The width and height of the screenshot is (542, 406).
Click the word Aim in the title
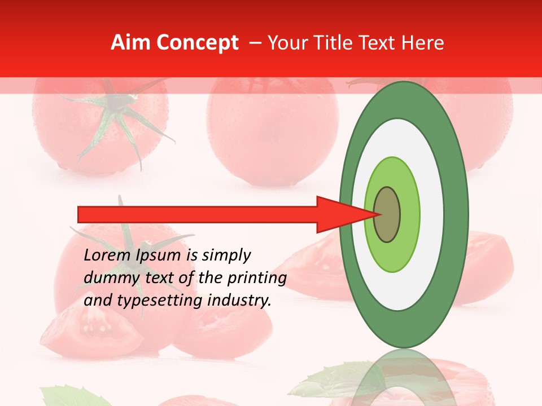point(130,43)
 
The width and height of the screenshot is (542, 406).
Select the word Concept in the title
point(196,43)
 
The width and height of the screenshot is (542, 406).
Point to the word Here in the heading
point(422,43)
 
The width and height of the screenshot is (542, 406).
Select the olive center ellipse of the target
point(387,214)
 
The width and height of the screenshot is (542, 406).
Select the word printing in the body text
point(257,279)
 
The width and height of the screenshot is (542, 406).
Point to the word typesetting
point(159,301)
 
